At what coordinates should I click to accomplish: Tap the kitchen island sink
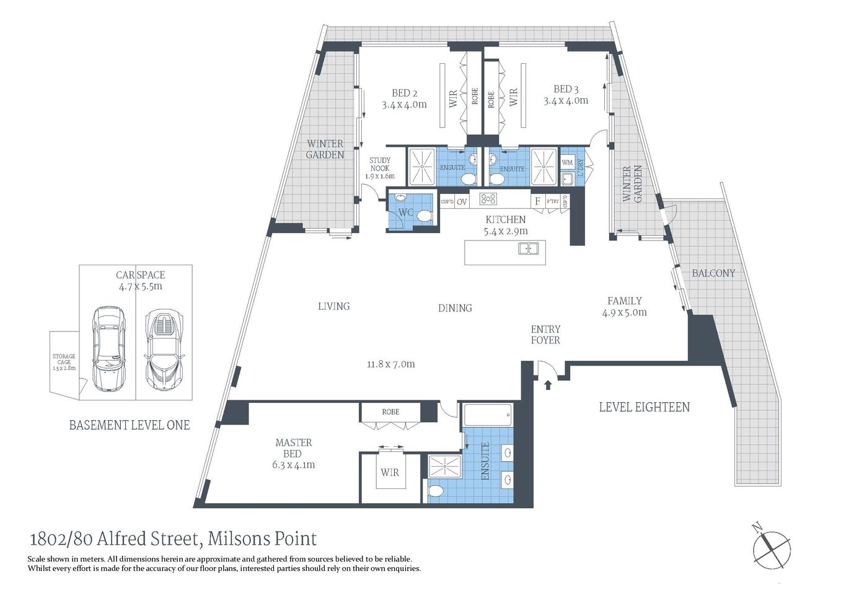pyautogui.click(x=528, y=249)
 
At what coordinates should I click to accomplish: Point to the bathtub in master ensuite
pyautogui.click(x=488, y=415)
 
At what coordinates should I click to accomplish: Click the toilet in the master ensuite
pyautogui.click(x=436, y=491)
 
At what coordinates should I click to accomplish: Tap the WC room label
pyautogui.click(x=405, y=213)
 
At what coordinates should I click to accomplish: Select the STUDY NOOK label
pyautogui.click(x=380, y=164)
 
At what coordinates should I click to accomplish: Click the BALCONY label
pyautogui.click(x=713, y=273)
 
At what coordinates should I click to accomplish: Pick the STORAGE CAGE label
pyautogui.click(x=64, y=359)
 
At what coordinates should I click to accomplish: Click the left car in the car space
pyautogui.click(x=108, y=348)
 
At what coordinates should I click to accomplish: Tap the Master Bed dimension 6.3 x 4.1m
pyautogui.click(x=293, y=465)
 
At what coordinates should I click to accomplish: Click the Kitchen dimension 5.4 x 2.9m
pyautogui.click(x=506, y=231)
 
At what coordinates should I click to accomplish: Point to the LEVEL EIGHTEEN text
pyautogui.click(x=644, y=407)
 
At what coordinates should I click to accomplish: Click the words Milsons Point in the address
pyautogui.click(x=262, y=539)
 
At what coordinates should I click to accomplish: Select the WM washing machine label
pyautogui.click(x=567, y=162)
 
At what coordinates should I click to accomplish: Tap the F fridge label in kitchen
pyautogui.click(x=537, y=201)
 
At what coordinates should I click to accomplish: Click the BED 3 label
pyautogui.click(x=566, y=89)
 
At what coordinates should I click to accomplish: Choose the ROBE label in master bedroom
pyautogui.click(x=390, y=412)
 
